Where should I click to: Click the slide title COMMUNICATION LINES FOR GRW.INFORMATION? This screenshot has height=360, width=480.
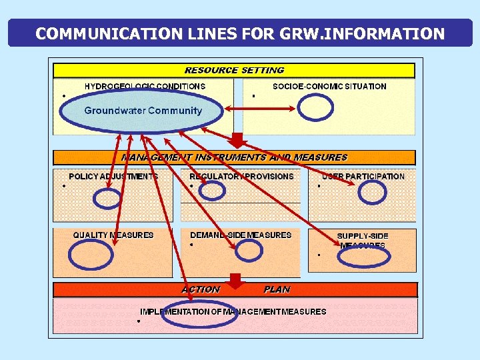[x=240, y=33]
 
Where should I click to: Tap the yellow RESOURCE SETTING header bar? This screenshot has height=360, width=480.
[x=234, y=70]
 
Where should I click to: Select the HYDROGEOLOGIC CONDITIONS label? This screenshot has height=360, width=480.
[x=145, y=86]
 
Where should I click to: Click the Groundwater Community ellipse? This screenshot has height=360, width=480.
[x=142, y=111]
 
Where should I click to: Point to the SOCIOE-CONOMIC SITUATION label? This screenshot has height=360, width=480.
[x=329, y=86]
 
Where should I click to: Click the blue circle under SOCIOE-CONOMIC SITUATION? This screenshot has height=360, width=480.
[x=315, y=107]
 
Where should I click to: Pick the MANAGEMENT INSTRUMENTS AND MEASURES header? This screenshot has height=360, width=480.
[x=234, y=157]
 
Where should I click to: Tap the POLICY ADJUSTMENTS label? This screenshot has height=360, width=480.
[x=113, y=177]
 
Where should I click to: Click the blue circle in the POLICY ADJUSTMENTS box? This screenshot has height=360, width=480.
[x=107, y=198]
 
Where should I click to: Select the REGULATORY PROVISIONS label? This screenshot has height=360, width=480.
[x=241, y=177]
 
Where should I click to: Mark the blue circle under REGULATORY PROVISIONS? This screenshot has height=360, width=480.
[x=213, y=191]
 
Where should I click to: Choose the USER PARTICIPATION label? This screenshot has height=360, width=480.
[x=363, y=177]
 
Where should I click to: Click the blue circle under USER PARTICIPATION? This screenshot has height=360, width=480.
[x=372, y=192]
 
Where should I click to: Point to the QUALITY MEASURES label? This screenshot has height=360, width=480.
[x=113, y=235]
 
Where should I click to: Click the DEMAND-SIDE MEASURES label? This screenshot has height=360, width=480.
[x=241, y=235]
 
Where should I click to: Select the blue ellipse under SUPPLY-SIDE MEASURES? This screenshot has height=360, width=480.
[x=363, y=257]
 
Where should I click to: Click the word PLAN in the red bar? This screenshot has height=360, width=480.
[x=277, y=289]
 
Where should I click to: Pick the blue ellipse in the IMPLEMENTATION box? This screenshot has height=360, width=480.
[x=199, y=315]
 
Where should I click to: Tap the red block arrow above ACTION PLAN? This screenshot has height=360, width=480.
[x=234, y=279]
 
